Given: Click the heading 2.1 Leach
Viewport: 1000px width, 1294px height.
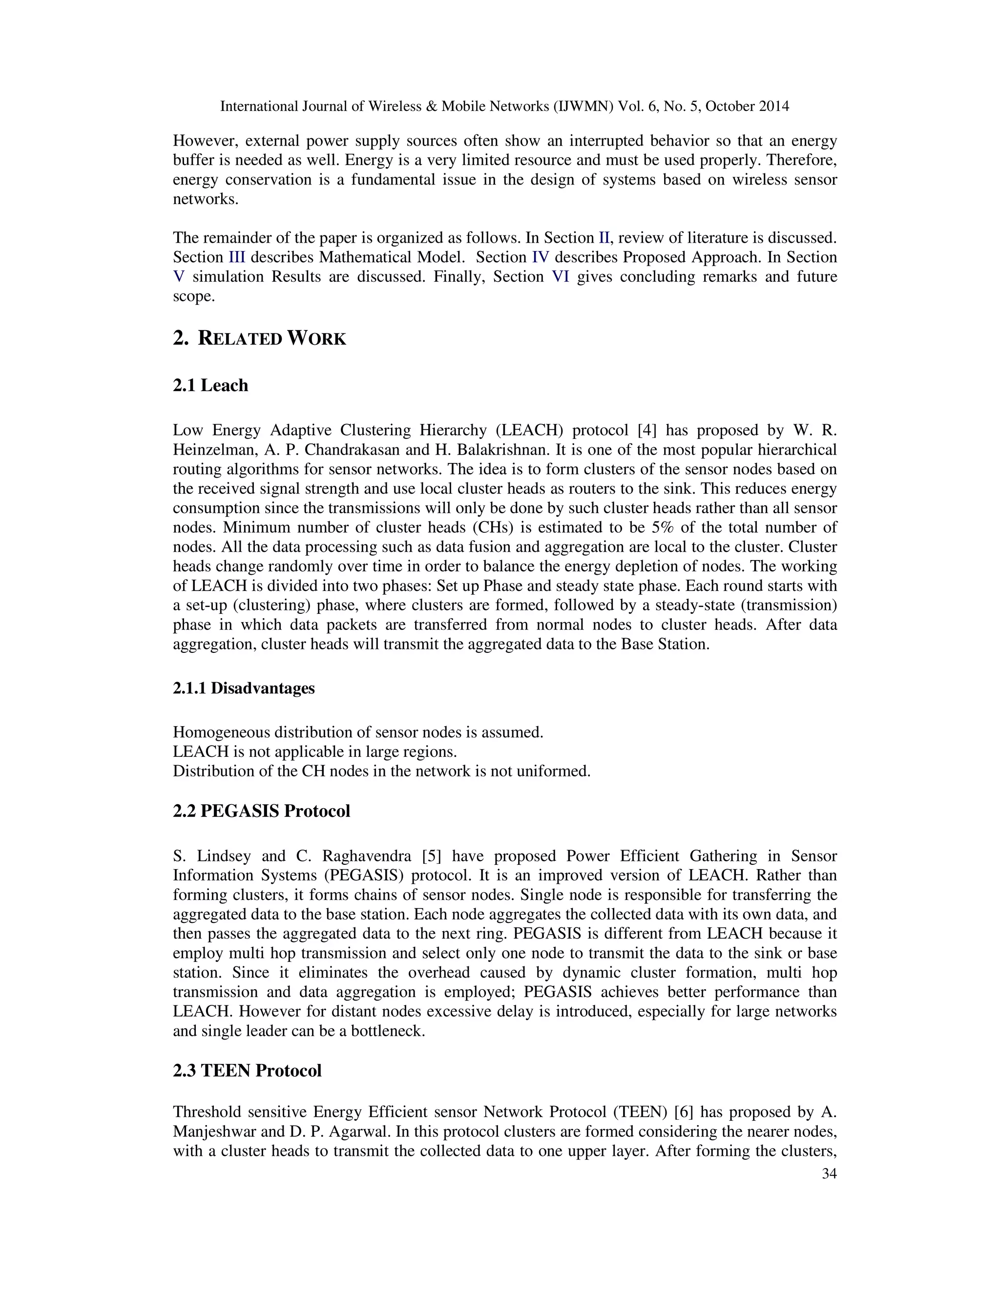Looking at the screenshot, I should tap(210, 386).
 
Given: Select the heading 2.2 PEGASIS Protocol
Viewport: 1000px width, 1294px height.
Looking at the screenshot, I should tap(261, 811).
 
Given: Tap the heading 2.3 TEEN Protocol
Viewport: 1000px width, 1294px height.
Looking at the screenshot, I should tap(247, 1071).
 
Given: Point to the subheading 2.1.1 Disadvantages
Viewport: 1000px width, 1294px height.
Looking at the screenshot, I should tap(244, 689).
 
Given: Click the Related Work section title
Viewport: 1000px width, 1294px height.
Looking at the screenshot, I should tap(259, 339).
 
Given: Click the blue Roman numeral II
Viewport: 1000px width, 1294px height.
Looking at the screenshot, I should tap(604, 238).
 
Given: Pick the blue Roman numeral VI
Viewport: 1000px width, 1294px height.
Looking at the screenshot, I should tap(561, 277).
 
